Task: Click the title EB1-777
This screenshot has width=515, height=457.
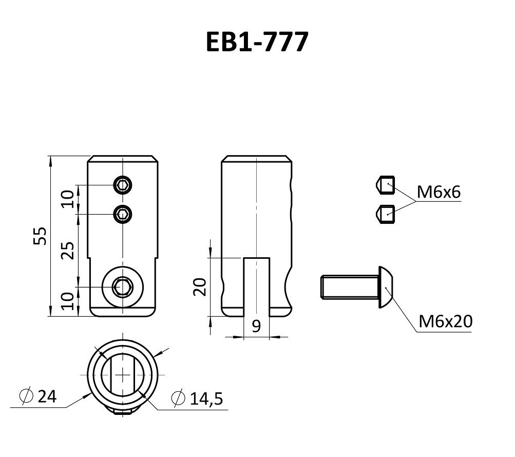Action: pos(257,43)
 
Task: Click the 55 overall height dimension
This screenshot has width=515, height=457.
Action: pos(41,236)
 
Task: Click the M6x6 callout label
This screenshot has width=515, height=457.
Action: pos(438,193)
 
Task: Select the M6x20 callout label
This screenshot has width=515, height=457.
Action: pos(445,322)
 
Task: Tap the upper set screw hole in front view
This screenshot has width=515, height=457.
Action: pos(122,185)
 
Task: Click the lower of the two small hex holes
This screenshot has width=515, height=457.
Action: pos(122,213)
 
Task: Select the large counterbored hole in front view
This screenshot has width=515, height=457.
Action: pos(122,287)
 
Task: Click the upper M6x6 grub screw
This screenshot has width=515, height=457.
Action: pos(386,185)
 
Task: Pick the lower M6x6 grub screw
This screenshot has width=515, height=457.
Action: pos(386,213)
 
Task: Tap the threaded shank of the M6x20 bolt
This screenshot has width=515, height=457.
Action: pos(349,288)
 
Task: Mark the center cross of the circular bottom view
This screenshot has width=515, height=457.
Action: pos(123,376)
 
